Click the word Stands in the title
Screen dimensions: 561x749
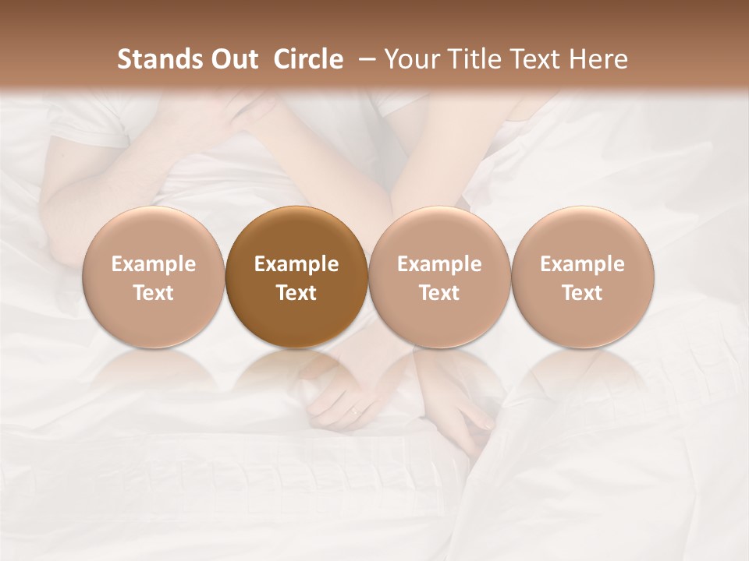coord(157,59)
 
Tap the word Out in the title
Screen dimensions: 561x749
coord(231,59)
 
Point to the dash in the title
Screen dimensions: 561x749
coord(364,59)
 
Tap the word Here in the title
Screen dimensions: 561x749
coord(600,59)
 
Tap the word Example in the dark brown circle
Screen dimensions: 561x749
coord(296,264)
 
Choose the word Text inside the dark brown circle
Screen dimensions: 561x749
coord(296,293)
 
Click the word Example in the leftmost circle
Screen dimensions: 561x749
coord(153,264)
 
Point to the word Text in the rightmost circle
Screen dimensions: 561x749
coord(583,293)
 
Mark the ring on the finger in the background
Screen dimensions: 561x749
coord(354,410)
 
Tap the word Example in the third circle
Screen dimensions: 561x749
coord(439,264)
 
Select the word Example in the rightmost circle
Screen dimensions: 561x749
coord(583,264)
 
